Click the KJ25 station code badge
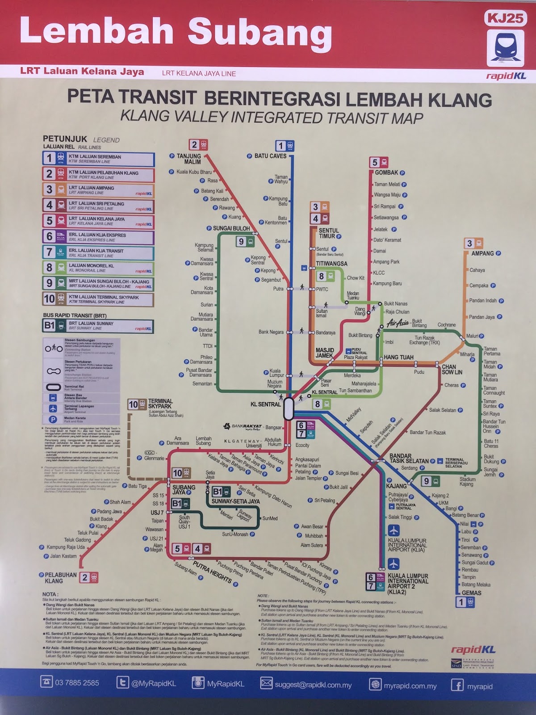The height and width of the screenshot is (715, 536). click(505, 18)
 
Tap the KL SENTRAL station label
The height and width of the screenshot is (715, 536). click(266, 404)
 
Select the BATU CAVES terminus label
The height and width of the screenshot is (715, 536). click(270, 156)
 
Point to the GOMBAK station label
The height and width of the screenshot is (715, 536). click(386, 172)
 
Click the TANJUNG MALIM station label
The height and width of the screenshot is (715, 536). click(189, 159)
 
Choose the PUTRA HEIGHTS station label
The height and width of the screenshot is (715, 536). click(213, 573)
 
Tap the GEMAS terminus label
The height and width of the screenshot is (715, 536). click(472, 593)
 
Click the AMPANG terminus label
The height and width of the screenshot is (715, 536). click(482, 253)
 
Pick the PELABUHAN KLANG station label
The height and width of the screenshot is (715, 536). click(61, 578)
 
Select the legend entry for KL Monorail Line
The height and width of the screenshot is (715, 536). click(98, 268)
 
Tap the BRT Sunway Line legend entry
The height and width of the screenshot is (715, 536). click(98, 326)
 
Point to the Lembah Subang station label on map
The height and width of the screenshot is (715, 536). click(203, 441)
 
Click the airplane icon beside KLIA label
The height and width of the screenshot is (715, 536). click(394, 530)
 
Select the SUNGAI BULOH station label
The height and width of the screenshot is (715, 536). click(231, 228)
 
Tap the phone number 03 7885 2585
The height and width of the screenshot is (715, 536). click(77, 683)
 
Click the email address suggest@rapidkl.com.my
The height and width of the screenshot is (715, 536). click(313, 685)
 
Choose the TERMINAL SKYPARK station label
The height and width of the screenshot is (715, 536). click(160, 404)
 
